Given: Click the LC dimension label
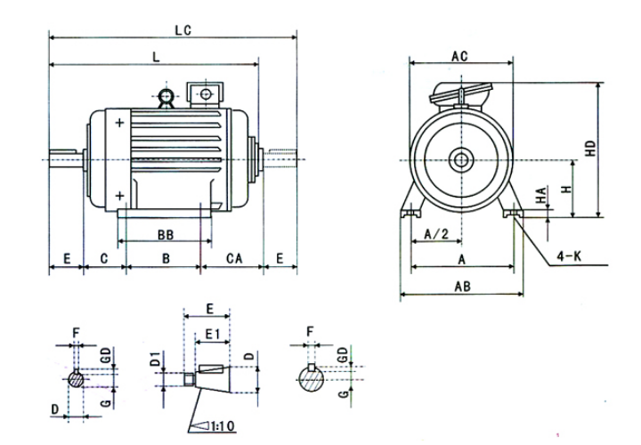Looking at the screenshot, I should tap(183, 29).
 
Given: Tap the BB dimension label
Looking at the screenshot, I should tap(165, 235).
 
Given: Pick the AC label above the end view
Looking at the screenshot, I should tap(459, 55).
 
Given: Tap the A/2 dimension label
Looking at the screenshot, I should tap(435, 234).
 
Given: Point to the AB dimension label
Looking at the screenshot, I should tap(462, 287).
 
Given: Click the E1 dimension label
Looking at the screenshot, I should tap(211, 332).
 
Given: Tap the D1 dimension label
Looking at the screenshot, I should tap(155, 361).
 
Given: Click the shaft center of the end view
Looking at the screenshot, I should tap(461, 160).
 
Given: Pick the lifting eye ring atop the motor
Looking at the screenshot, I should tap(165, 97).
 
